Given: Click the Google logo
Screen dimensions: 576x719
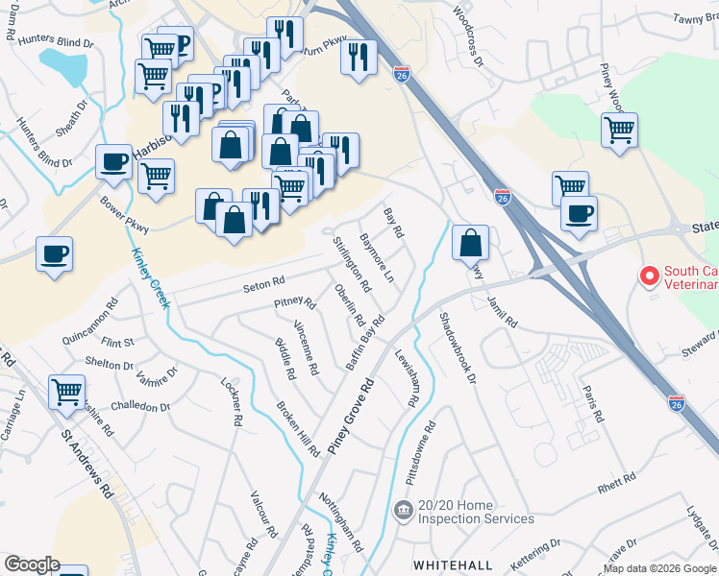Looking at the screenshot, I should pyautogui.click(x=32, y=564).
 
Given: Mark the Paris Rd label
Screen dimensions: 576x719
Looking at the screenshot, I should pyautogui.click(x=592, y=405).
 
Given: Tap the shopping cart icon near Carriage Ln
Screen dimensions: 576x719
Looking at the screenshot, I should pyautogui.click(x=67, y=391).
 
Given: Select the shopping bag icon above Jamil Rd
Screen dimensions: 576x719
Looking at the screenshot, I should pyautogui.click(x=470, y=241).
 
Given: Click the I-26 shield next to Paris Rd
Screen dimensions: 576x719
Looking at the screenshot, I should pyautogui.click(x=677, y=403).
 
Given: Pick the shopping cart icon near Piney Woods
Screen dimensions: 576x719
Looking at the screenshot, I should pyautogui.click(x=619, y=129).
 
